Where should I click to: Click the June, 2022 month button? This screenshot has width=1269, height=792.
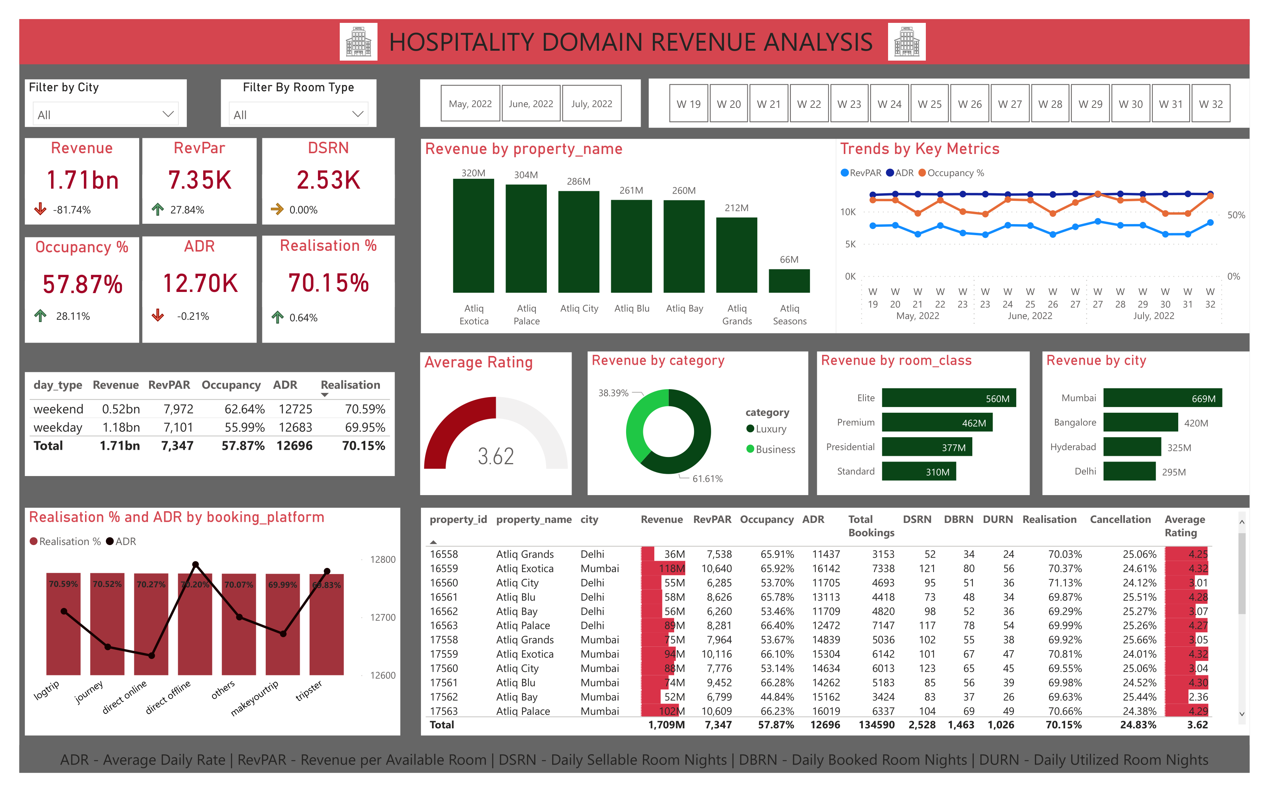(530, 104)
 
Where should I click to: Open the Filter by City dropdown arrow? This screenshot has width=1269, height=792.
(168, 114)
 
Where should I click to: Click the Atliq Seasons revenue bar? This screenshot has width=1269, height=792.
(789, 281)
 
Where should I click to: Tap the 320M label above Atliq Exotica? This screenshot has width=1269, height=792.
(473, 173)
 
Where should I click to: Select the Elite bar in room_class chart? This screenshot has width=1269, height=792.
(948, 398)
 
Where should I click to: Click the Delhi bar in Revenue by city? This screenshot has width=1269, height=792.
(1129, 471)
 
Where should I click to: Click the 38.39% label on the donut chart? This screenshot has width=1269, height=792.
(613, 393)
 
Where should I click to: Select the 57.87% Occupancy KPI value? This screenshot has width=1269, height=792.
(82, 284)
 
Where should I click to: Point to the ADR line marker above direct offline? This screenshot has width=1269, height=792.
(196, 565)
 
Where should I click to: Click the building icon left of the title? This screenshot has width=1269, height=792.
(358, 42)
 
